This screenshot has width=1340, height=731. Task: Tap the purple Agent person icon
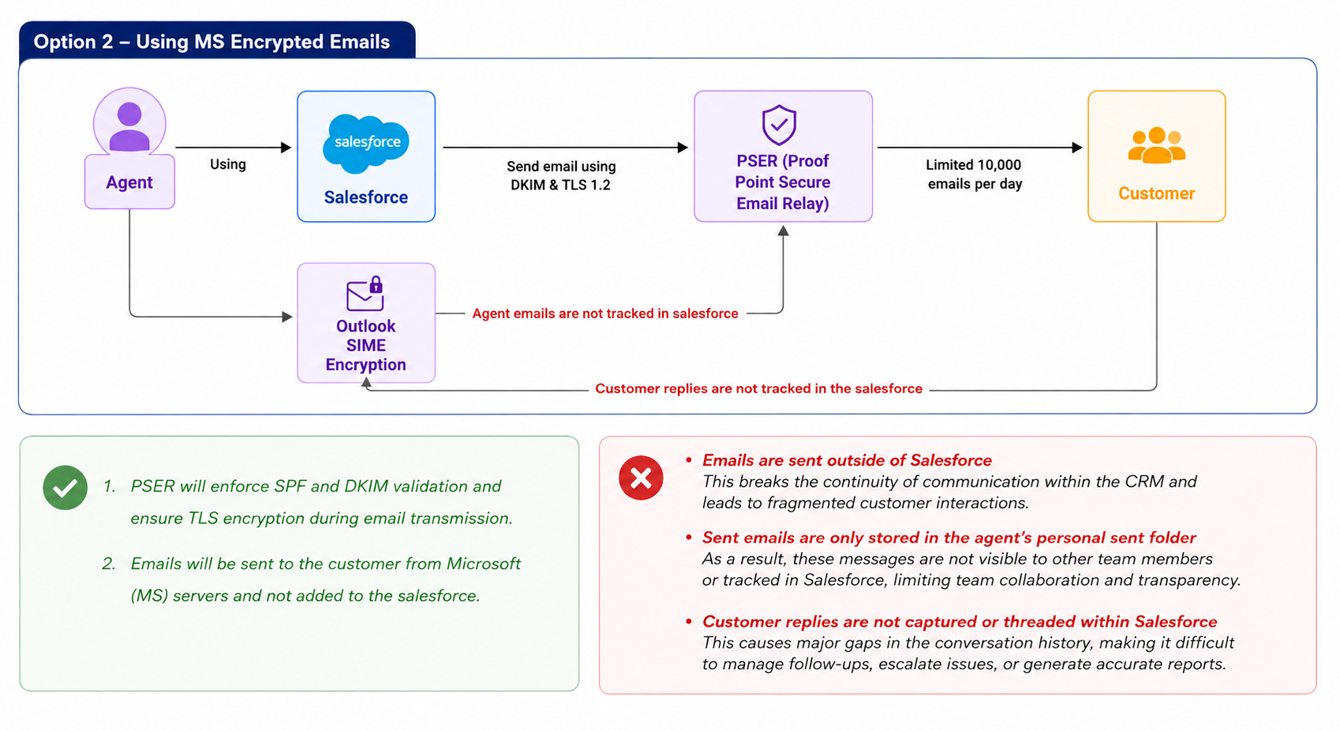coord(129,126)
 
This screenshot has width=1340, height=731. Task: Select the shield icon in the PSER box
coord(779,125)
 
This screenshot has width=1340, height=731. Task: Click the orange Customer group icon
coord(1156,145)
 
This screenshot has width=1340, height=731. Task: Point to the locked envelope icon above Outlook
coord(365,293)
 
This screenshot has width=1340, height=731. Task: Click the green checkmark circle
coord(66,488)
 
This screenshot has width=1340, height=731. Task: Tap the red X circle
coord(641,478)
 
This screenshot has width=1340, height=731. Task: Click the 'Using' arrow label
coord(228,164)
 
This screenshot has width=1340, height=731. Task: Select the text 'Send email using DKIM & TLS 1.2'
coord(560,176)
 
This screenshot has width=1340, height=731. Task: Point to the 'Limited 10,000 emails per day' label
coord(975,174)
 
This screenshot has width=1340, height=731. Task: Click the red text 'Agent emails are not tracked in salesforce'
coord(604,313)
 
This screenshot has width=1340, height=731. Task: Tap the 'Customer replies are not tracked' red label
coord(758,389)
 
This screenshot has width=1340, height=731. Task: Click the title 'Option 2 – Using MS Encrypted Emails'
coord(211,42)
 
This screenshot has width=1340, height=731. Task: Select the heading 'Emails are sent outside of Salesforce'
coord(847,460)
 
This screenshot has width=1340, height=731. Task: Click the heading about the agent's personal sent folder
coord(949,538)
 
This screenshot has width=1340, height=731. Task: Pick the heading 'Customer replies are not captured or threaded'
coord(960,621)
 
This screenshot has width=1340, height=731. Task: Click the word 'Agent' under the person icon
coord(129,182)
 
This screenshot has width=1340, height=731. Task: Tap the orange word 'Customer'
coord(1156,194)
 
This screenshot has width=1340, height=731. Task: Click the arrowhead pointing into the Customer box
coord(1076,147)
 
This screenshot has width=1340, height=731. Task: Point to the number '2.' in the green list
coord(108,564)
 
